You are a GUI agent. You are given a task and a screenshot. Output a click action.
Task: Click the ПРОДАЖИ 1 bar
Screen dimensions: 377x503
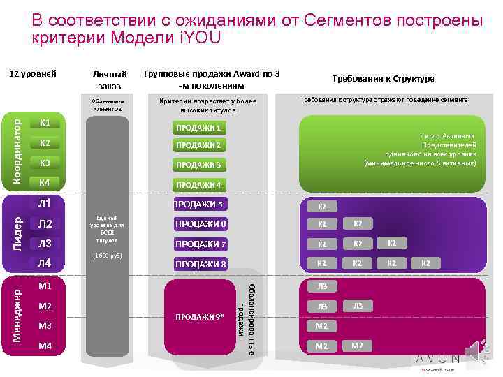point(199,128)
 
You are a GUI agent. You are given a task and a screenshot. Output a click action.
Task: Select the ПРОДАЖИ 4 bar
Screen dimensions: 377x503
point(199,185)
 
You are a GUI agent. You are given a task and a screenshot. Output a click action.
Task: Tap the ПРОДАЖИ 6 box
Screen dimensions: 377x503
point(201,224)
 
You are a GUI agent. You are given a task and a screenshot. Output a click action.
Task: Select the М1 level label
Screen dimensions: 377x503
point(46,286)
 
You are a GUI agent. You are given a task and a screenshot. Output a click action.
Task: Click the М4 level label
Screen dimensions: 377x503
point(46,346)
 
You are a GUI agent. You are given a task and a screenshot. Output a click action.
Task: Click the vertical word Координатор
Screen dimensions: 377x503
point(18,151)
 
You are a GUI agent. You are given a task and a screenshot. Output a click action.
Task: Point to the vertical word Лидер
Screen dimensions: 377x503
point(18,233)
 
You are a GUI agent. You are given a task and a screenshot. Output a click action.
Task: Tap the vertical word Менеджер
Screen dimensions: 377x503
point(18,312)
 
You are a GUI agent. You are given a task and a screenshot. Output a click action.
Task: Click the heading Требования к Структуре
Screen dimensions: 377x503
point(384,79)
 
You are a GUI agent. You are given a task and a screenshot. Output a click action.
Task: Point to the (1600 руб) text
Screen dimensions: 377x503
point(108,256)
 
